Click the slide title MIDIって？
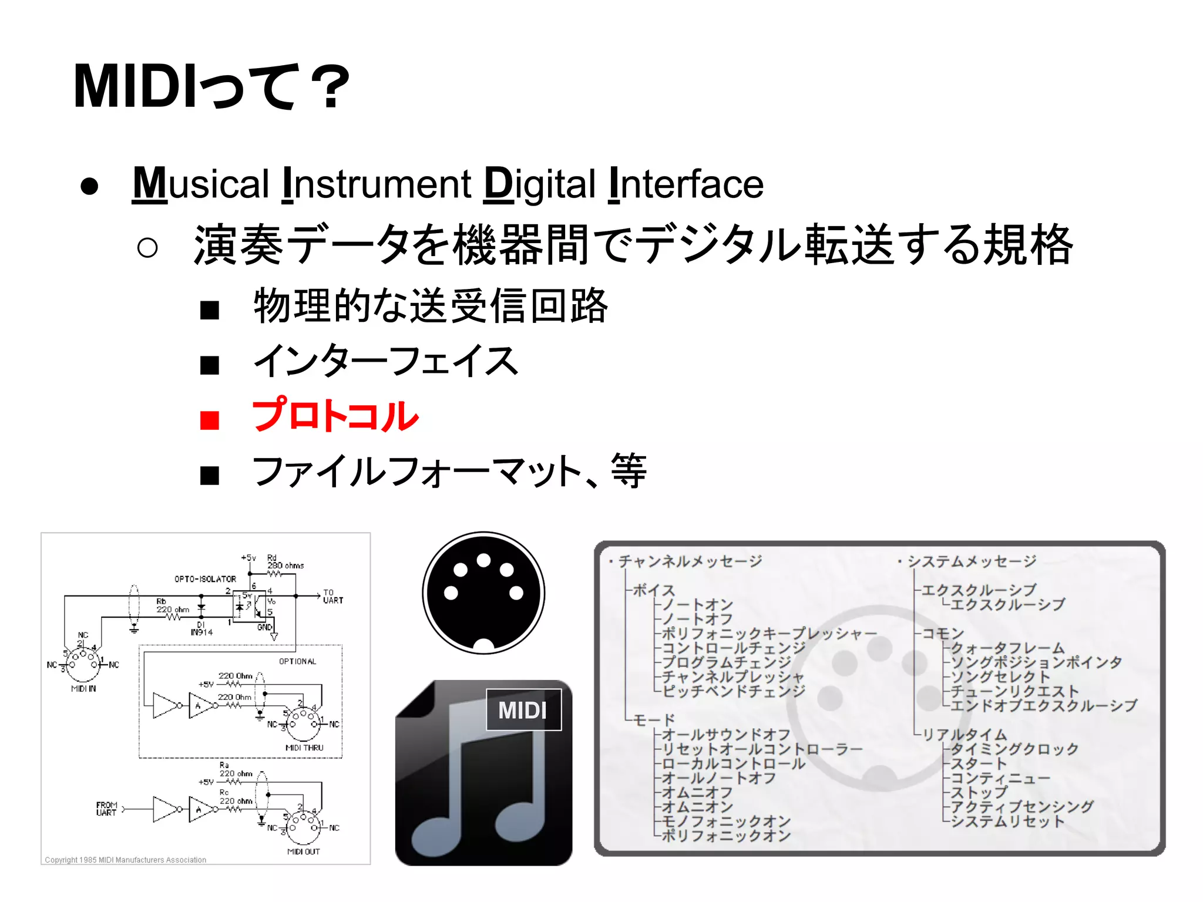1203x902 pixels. point(211,87)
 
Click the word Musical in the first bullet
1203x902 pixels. point(200,184)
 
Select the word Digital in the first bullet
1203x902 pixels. point(539,184)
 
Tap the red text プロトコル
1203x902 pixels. point(335,416)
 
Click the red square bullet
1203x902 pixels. point(210,420)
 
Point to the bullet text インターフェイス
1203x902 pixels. point(385,361)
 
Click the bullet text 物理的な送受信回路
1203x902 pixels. point(431,306)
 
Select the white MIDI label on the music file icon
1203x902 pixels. point(523,710)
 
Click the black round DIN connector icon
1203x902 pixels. point(483,593)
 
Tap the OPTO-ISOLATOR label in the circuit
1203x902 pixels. point(205,579)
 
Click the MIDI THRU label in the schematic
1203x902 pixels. point(304,748)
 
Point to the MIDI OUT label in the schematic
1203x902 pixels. point(303,851)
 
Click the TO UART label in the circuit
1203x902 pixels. point(332,597)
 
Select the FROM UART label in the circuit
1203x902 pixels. point(107,809)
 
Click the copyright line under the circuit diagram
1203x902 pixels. point(126,860)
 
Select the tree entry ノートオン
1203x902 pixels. point(698,604)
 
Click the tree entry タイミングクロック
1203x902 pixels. point(1014,749)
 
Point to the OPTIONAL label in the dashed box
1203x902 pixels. point(298,661)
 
